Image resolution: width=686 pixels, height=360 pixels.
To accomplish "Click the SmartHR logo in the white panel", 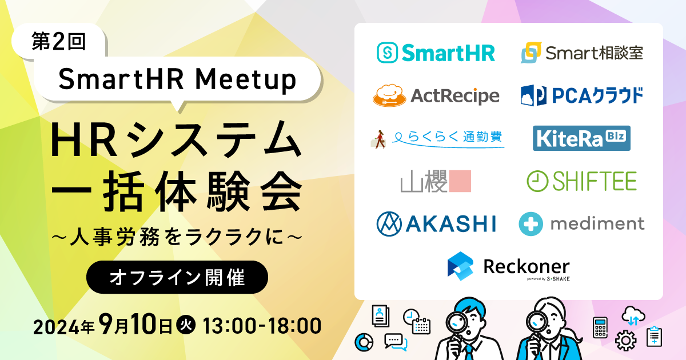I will [436, 53].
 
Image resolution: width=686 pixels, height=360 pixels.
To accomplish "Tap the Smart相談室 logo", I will [582, 53].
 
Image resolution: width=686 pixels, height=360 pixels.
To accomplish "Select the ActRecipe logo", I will [436, 95].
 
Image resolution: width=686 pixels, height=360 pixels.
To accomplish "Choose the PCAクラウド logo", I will [582, 95].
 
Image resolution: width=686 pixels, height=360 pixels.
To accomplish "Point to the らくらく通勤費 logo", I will [437, 138].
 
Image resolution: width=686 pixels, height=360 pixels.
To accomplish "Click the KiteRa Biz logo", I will [581, 138].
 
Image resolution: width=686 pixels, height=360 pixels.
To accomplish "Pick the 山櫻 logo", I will [436, 181].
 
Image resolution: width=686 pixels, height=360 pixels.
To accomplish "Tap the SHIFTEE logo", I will [581, 181].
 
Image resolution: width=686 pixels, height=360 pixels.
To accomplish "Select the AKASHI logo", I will [436, 223].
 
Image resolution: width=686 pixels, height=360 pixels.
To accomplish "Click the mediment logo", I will [581, 223].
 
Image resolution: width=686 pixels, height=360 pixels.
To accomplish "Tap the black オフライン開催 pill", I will [177, 278].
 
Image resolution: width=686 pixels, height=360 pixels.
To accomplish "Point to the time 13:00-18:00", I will [261, 326].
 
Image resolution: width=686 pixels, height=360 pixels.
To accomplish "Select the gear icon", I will [626, 341].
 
